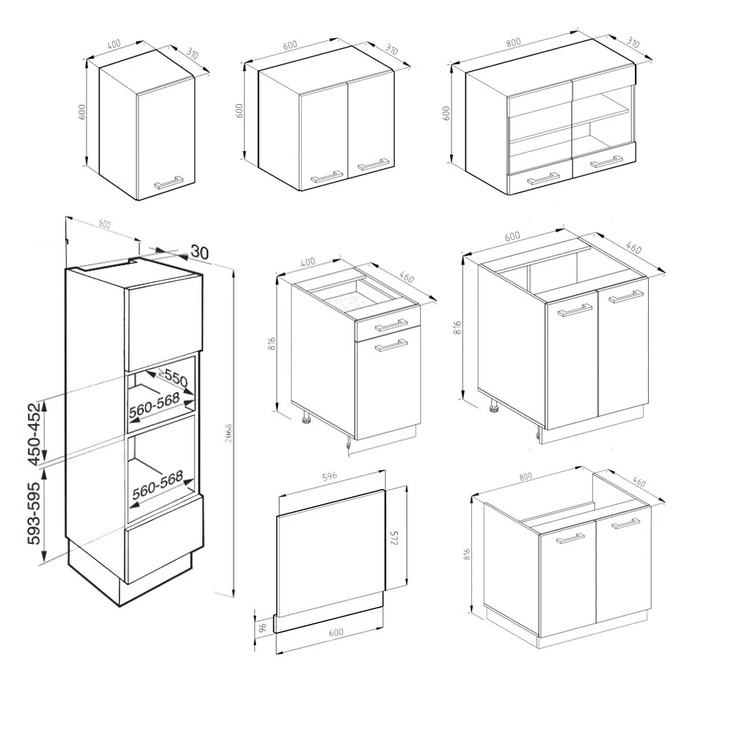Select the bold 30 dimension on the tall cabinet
click(199, 251)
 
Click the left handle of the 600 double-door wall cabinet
click(327, 175)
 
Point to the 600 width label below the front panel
click(336, 633)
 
